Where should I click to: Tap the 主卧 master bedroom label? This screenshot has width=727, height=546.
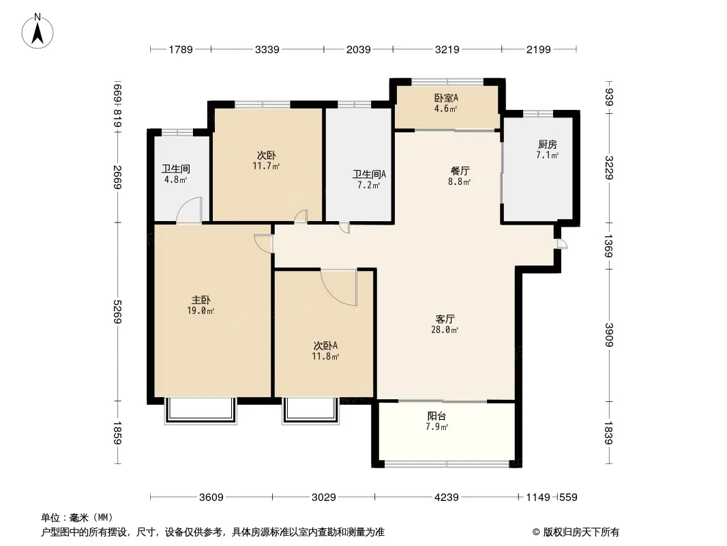(201, 300)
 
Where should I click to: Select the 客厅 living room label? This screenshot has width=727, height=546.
(445, 319)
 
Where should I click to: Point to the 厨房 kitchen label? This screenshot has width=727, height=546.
(547, 145)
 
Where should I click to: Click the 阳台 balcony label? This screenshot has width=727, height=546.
(436, 416)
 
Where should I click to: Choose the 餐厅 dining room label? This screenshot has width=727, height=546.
(460, 171)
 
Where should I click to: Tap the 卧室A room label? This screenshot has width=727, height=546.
(446, 98)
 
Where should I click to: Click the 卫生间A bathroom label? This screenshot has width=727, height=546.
(369, 175)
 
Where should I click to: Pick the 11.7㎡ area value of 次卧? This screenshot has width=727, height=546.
(266, 166)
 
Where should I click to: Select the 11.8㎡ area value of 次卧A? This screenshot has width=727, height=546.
(325, 356)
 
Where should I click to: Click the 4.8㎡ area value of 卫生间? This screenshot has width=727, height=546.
(176, 179)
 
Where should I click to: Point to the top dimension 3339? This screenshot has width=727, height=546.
(267, 49)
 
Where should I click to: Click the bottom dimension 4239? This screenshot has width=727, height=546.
(447, 498)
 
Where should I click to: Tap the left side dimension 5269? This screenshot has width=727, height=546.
(118, 312)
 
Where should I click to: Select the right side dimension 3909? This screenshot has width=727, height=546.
(609, 334)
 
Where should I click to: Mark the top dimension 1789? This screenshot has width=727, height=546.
(180, 49)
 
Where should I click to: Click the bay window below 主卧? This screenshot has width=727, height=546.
(201, 411)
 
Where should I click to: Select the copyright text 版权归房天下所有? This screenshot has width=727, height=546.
(581, 532)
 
